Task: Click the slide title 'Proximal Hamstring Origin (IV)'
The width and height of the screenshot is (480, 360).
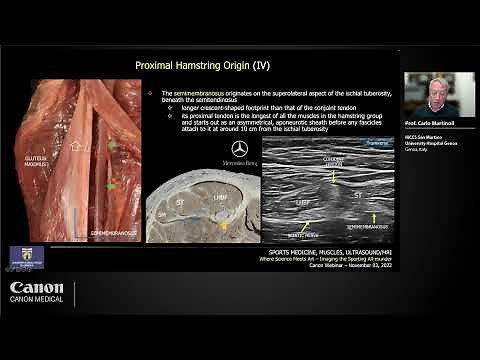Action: point(202,66)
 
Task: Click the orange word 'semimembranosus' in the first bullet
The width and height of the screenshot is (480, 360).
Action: point(206,93)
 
